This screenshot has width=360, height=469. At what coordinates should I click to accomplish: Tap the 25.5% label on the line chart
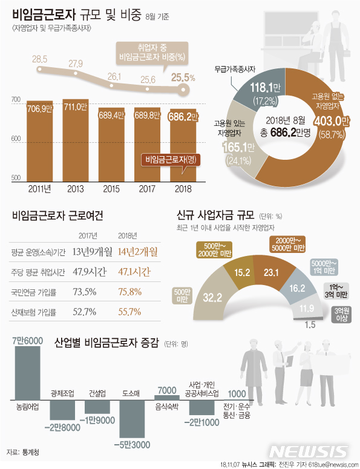click(183, 77)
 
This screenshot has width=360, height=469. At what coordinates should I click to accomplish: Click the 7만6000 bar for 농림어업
click(27, 373)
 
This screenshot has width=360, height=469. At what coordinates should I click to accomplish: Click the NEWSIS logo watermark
click(309, 452)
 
